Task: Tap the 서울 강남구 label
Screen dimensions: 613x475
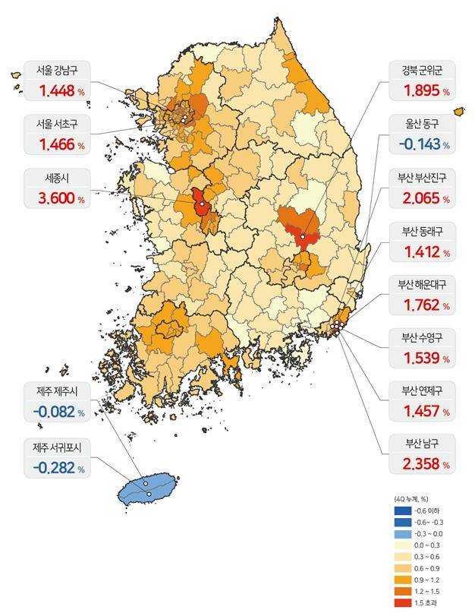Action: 55,71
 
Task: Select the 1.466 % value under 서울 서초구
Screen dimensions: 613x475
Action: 55,144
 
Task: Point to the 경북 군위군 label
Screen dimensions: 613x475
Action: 422,71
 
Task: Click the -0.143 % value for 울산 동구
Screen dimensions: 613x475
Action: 421,144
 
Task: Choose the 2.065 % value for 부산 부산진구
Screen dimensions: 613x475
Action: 422,199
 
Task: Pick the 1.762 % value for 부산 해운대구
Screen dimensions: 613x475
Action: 422,305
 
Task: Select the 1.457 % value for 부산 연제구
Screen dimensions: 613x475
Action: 422,412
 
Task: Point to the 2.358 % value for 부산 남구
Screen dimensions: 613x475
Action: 422,463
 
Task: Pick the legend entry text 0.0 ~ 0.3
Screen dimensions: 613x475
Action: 428,545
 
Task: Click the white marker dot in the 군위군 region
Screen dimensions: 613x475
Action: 302,237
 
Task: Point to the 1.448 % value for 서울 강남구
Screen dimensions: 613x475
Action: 55,91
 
